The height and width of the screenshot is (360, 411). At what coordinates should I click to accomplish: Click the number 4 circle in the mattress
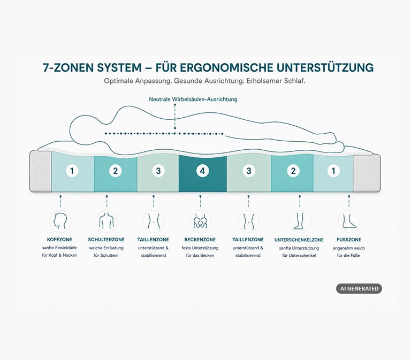pos(202,171)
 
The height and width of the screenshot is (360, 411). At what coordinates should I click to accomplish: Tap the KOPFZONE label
pos(59,240)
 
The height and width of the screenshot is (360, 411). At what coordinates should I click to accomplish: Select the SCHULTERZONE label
pos(106,240)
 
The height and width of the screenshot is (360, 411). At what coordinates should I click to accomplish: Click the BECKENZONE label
pos(200,240)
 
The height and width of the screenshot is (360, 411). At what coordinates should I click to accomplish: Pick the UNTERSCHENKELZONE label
pos(299,240)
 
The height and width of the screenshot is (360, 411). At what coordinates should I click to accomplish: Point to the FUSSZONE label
pos(349,240)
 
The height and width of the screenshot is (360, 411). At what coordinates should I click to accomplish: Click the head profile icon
pos(60,221)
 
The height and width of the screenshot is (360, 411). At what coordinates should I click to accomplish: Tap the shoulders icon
pos(106,221)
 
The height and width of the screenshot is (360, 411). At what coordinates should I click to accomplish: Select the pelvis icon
pos(200,221)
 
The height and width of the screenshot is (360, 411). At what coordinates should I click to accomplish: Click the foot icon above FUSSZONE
pos(349,221)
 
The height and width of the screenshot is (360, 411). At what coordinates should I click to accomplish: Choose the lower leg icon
pos(300,221)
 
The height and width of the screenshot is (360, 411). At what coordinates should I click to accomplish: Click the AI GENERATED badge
pos(359,288)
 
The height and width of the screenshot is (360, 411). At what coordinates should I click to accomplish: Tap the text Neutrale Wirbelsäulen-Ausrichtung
pos(193,99)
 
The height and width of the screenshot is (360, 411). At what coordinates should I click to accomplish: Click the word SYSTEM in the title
pos(119,67)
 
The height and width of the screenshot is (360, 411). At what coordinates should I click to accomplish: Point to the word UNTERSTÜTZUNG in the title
pos(325,67)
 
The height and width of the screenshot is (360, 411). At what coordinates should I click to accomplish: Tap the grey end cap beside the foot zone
pos(367,173)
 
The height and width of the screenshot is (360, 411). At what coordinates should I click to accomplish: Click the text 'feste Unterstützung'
pos(200,248)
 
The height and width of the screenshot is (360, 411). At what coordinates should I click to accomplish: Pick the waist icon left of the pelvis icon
pos(154,221)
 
